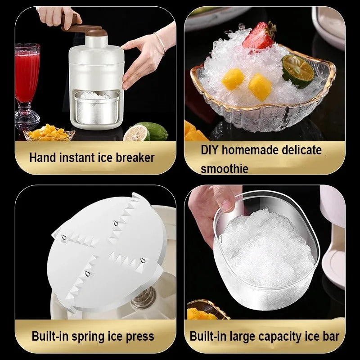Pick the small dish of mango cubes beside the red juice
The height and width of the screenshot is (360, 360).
click(x=49, y=133)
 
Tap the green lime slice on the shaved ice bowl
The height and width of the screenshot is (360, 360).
click(x=297, y=71)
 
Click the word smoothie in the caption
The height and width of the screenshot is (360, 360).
click(x=225, y=169)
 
